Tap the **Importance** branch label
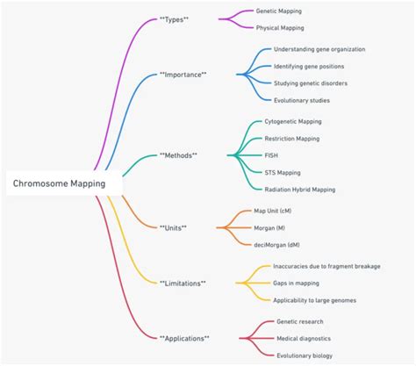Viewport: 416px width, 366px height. (183, 75)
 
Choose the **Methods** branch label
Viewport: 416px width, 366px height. (179, 154)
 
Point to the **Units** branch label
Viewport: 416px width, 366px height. (174, 227)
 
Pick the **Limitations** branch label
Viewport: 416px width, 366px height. (183, 283)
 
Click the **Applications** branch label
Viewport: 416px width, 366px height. (184, 337)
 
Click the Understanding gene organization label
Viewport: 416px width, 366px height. (319, 49)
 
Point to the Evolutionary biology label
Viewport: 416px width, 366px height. (305, 355)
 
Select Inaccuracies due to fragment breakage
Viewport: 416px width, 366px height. (326, 265)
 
